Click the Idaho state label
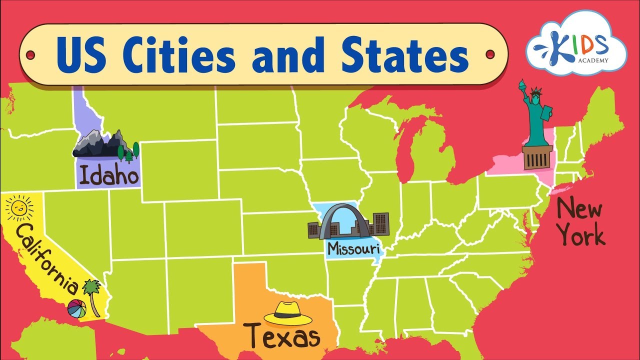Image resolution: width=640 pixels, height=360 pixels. (x=108, y=176)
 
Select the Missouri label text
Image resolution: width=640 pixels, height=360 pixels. (x=353, y=248)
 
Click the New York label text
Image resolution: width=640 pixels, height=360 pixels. (x=580, y=221)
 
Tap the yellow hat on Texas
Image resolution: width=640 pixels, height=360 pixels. (x=287, y=314)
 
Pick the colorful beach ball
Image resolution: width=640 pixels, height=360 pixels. (x=76, y=308)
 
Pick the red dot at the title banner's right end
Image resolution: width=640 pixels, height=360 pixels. (x=490, y=53)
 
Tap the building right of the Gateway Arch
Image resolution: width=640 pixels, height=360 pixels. (x=380, y=224)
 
